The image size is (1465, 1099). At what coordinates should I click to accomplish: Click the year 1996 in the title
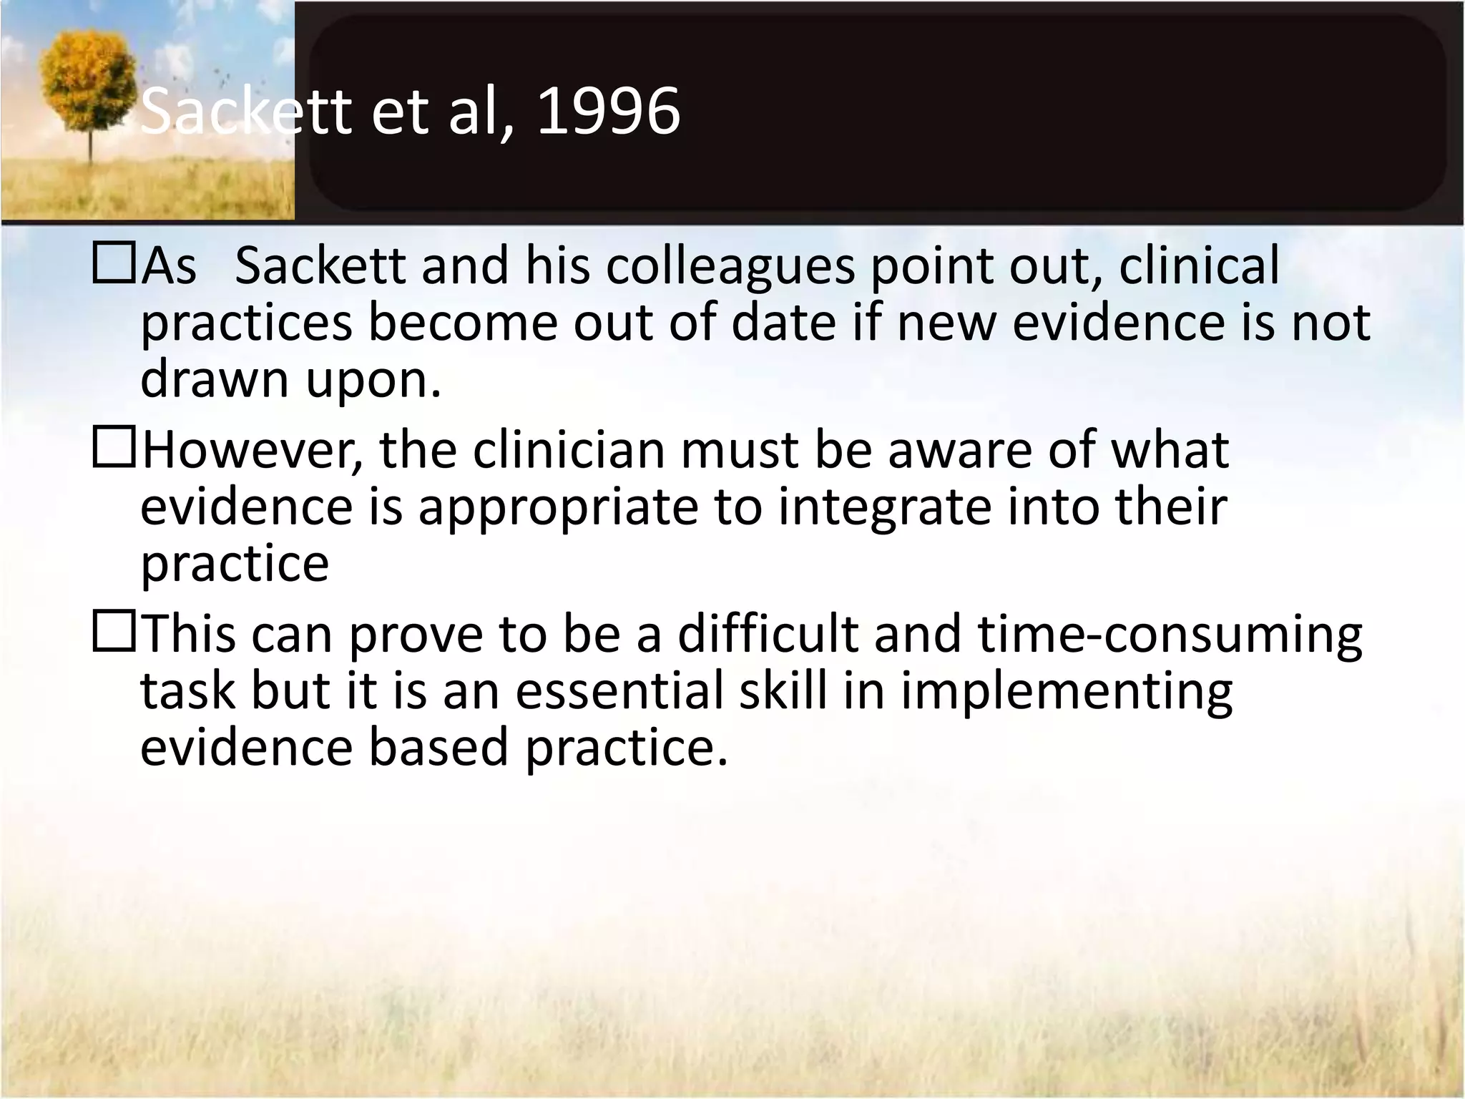[608, 111]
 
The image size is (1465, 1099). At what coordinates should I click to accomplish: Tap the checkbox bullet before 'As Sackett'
[114, 263]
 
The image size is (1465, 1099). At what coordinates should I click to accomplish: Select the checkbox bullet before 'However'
[114, 448]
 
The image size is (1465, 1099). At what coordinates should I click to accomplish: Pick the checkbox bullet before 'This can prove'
[114, 632]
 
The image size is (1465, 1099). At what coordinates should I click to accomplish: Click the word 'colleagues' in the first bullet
[730, 266]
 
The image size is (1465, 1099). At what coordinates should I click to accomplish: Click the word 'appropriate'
[558, 508]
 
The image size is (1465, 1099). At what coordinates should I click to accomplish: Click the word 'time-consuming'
[1170, 635]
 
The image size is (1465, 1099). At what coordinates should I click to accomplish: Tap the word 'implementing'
[1067, 693]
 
